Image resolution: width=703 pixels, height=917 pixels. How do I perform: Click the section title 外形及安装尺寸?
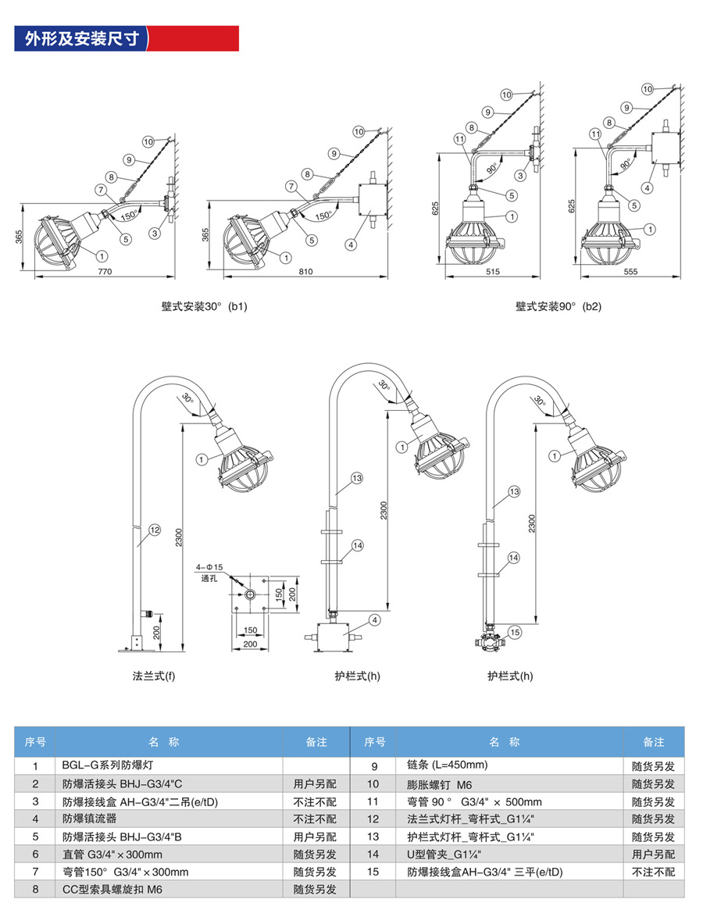tap(82, 38)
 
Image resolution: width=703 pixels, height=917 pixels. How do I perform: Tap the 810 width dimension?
tap(305, 272)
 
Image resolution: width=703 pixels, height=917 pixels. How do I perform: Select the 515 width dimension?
tap(491, 272)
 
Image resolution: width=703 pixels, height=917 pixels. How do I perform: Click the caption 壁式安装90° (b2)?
tap(558, 307)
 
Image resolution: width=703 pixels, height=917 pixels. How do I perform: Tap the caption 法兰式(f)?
tap(154, 676)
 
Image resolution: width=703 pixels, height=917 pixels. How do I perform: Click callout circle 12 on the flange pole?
tap(155, 530)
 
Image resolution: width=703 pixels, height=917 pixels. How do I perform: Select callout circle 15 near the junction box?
tap(514, 631)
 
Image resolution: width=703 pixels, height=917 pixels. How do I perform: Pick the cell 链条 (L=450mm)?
tap(447, 765)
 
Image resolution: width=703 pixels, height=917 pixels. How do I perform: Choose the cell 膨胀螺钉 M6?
tap(441, 783)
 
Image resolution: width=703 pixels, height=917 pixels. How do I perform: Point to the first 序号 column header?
tap(35, 741)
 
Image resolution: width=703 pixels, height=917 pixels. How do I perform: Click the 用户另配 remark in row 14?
tap(653, 855)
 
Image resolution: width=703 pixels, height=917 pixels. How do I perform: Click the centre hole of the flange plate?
tap(249, 595)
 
